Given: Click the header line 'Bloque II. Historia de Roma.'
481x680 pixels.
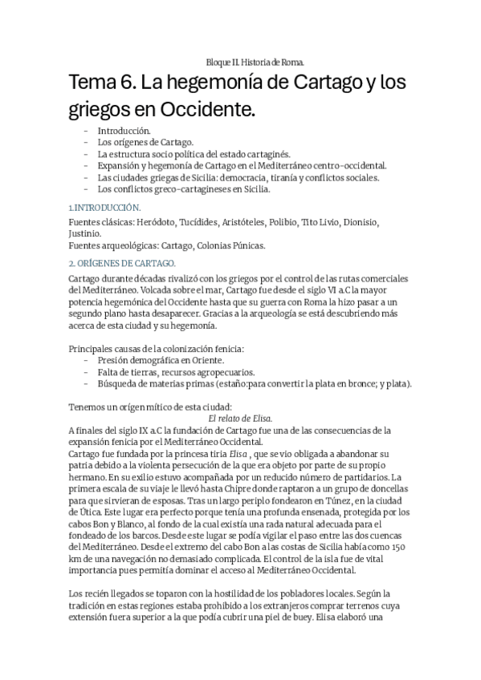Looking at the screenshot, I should pos(255,62).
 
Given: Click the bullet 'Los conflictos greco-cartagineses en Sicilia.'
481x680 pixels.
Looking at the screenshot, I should pos(184,189).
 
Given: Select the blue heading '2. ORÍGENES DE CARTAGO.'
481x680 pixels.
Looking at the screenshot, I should pos(122,263).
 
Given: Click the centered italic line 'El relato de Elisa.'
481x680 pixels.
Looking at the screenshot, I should pos(240,419).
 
